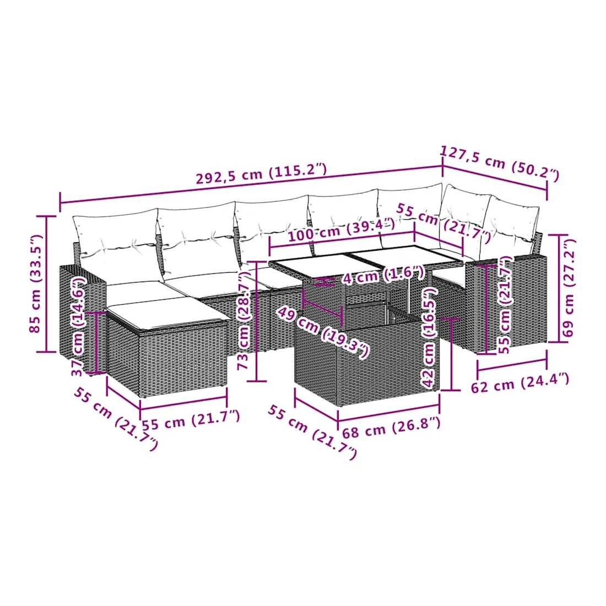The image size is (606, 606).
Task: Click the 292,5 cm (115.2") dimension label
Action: (x=261, y=174)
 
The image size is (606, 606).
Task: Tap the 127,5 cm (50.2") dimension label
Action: (x=500, y=163)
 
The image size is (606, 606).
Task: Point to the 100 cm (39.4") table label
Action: (x=341, y=230)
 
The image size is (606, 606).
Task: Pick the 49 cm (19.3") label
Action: (x=323, y=332)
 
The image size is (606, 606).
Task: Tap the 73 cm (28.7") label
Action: (x=244, y=321)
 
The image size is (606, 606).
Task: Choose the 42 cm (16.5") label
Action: (x=430, y=337)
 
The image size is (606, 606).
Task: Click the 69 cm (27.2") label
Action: (x=569, y=288)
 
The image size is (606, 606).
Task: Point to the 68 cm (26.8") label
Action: (x=391, y=428)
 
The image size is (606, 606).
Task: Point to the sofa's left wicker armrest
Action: (x=82, y=317)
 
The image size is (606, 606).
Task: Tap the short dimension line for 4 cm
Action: (x=325, y=282)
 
